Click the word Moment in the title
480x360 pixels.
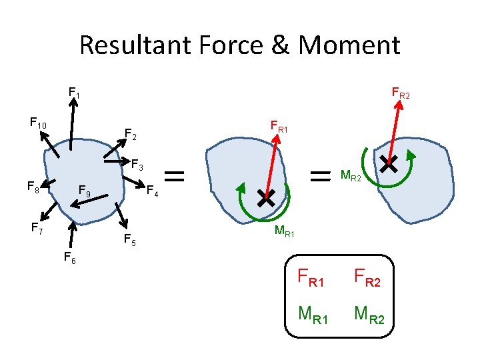pos(349,46)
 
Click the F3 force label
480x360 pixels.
pos(137,164)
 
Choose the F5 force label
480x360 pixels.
pos(130,240)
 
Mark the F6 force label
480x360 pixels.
pos(69,257)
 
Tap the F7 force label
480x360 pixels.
pos(37,228)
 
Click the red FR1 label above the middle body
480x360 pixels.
pos(279,125)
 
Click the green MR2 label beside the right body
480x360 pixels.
pos(351,177)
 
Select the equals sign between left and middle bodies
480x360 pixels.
pos(175,176)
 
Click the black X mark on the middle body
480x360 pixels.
pos(265,197)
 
